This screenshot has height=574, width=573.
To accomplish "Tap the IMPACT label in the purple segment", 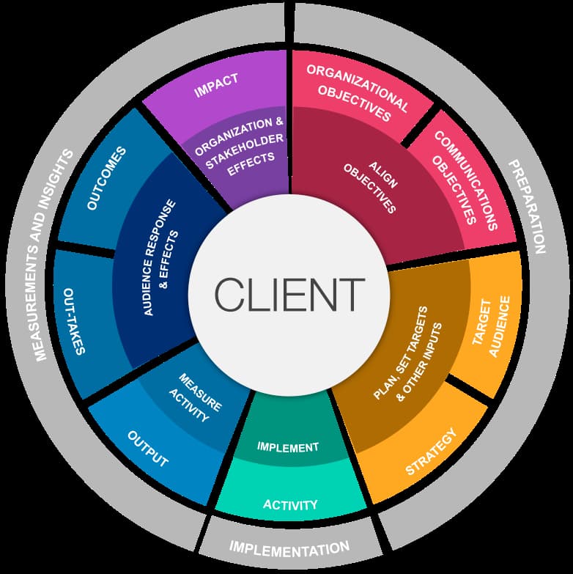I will [x=216, y=87].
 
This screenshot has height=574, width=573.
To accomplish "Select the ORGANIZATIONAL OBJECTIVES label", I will [x=357, y=92].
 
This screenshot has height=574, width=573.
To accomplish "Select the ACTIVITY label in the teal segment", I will [x=290, y=504].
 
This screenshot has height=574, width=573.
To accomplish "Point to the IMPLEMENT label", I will [x=288, y=446].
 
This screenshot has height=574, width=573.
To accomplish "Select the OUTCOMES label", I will [x=96, y=179].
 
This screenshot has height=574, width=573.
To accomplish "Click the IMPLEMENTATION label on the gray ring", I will [x=289, y=547].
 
